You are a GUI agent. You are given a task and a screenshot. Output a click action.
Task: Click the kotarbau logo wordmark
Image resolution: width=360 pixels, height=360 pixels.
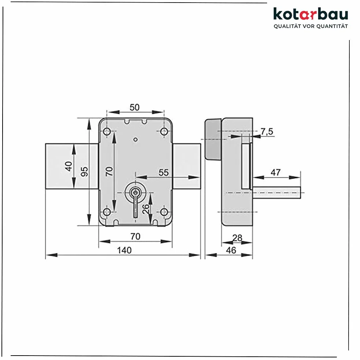(311, 14)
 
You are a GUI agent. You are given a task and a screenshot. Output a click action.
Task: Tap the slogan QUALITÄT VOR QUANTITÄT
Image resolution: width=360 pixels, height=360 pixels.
(311, 26)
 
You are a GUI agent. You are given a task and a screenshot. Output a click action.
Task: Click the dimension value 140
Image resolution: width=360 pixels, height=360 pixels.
(124, 250)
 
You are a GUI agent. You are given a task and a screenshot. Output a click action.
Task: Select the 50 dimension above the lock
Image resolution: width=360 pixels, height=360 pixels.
(134, 107)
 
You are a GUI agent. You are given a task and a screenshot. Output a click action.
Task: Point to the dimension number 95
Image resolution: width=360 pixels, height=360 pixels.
(84, 172)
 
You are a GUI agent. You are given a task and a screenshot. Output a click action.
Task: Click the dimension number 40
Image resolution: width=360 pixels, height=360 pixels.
(68, 166)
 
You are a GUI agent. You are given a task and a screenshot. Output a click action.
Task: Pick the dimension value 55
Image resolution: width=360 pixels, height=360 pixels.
(163, 173)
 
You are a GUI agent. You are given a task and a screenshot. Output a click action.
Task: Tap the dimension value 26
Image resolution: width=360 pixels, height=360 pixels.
(145, 209)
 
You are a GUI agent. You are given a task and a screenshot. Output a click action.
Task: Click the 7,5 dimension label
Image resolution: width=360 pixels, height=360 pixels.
(267, 132)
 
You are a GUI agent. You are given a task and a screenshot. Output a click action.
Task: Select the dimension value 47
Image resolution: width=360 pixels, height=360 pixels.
(276, 172)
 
